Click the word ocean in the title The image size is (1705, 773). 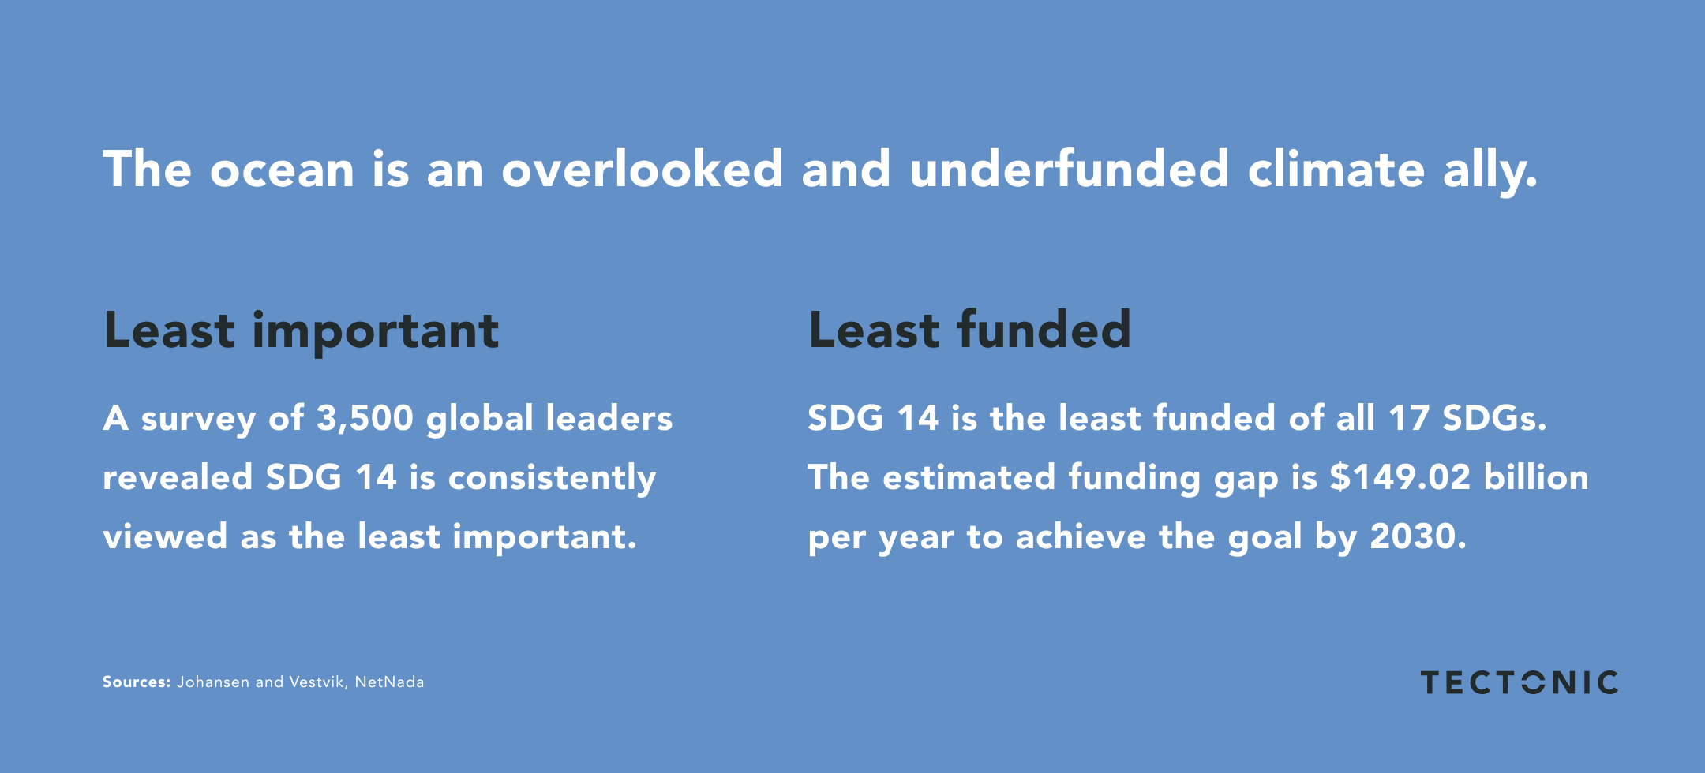point(282,170)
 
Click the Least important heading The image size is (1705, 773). point(301,332)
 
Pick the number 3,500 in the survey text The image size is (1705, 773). point(365,418)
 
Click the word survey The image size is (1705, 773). point(198,420)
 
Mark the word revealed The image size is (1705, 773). point(178,477)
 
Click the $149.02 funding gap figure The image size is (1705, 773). point(1400,477)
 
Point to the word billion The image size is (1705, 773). point(1536,477)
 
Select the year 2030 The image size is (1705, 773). point(1418,537)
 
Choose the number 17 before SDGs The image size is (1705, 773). point(1409,418)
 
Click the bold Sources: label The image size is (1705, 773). point(137,682)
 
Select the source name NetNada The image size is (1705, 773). point(389,682)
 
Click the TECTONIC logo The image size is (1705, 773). point(1520,683)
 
